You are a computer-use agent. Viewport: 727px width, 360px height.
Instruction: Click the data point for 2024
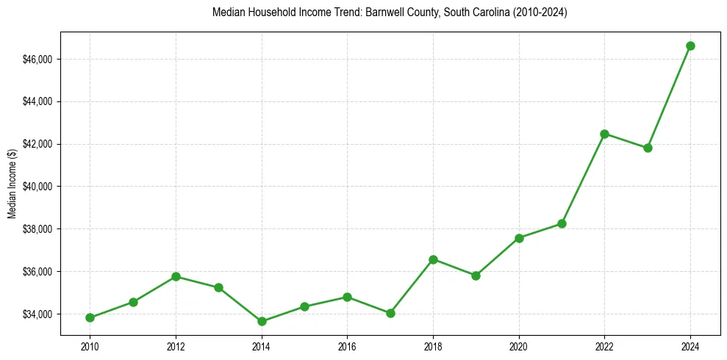click(690, 46)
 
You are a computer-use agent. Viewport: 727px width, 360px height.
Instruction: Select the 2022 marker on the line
click(604, 134)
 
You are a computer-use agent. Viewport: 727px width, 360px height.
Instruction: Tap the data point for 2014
click(261, 321)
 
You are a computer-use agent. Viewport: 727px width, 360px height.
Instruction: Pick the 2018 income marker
click(433, 259)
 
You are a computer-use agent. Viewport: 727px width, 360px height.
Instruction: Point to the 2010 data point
click(90, 317)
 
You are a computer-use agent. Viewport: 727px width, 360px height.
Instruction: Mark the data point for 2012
click(176, 276)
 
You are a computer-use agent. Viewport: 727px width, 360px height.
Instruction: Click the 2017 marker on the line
click(390, 313)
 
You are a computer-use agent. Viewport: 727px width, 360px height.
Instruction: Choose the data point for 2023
click(648, 148)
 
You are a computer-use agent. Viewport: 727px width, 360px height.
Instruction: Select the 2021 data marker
click(562, 223)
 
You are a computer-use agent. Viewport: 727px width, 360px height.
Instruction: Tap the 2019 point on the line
click(476, 276)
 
